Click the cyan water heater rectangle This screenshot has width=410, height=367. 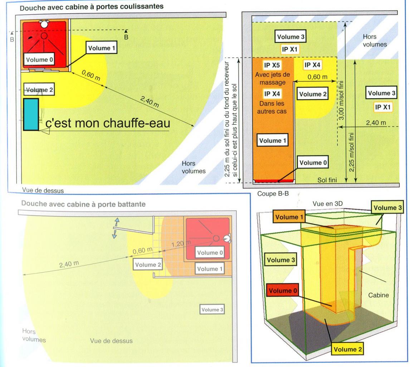coord(31,114)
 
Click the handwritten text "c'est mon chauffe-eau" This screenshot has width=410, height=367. coord(107,123)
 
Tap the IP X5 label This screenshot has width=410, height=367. coord(272,65)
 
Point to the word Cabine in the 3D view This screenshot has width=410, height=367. coord(378,296)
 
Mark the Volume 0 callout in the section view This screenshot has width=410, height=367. coord(313,163)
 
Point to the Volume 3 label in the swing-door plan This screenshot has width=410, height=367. coord(212,309)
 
